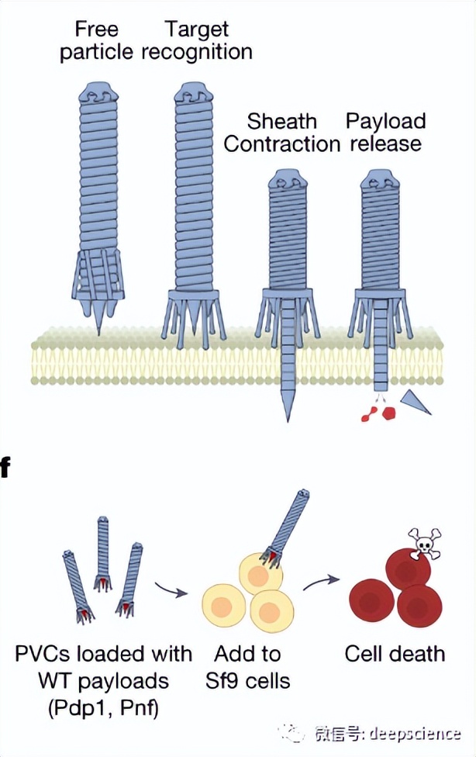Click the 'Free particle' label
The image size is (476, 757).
pos(97,41)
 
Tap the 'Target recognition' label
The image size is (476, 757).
pos(197,41)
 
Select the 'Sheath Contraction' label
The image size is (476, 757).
pos(282,133)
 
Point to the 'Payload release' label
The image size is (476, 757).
pos(385,133)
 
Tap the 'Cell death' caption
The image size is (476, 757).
pos(395,653)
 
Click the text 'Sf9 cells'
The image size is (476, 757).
pos(247,681)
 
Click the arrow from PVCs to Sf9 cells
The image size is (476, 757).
pos(171,590)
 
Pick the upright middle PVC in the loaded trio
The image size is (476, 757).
pos(103,551)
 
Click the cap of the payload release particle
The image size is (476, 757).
pos(381,184)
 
